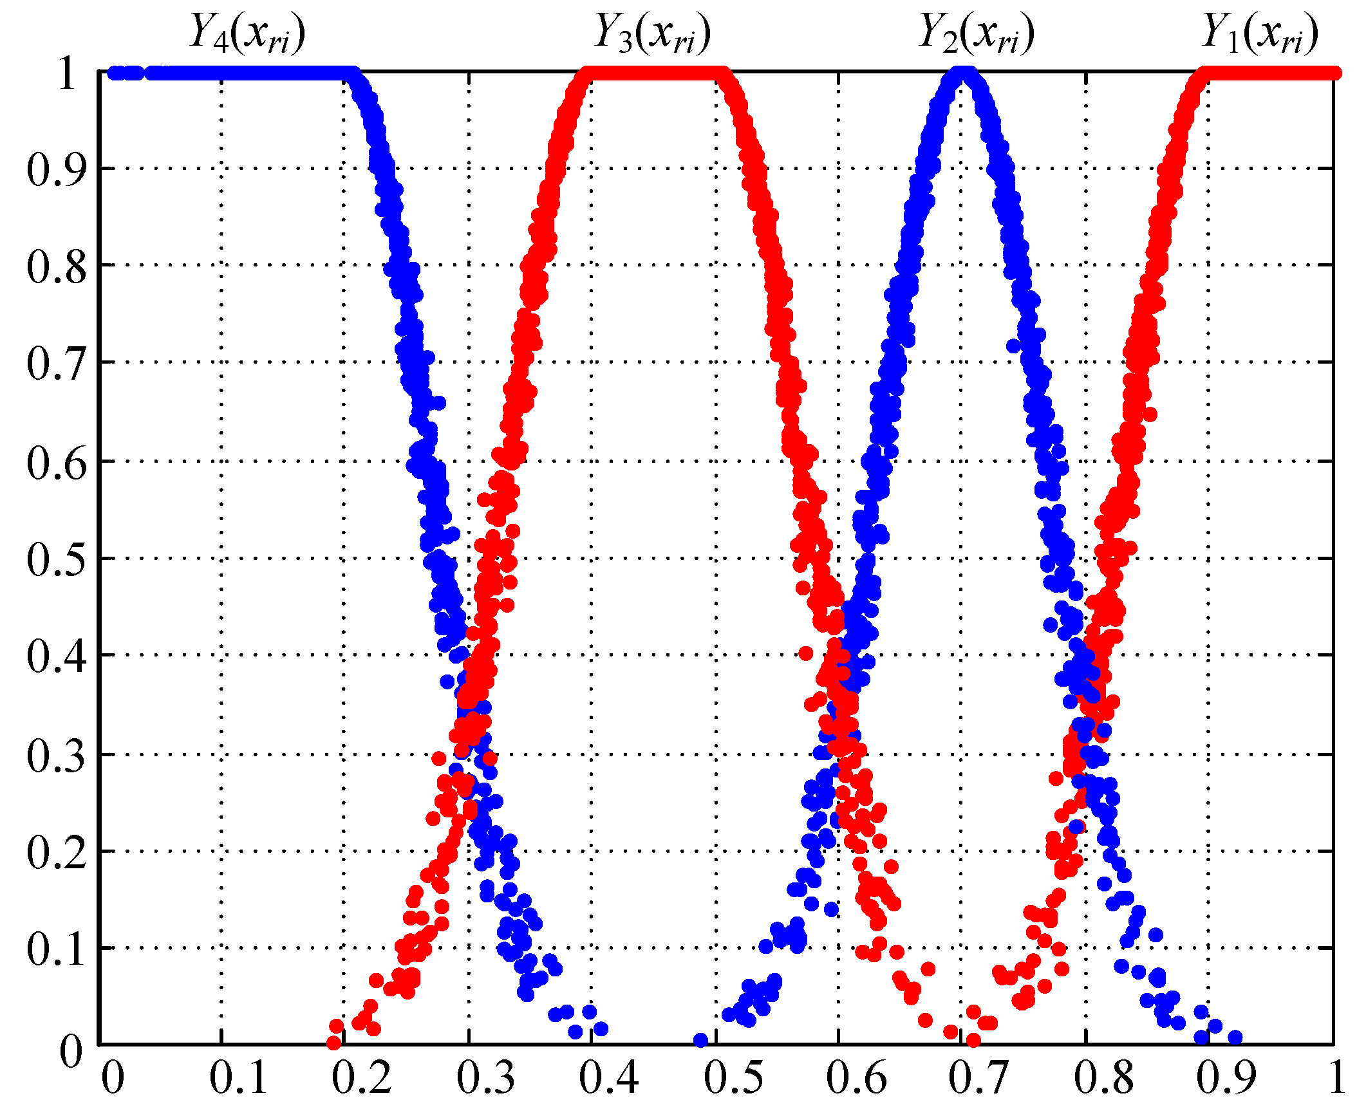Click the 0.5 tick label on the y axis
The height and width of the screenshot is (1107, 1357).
click(56, 559)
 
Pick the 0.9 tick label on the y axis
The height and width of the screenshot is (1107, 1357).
click(56, 170)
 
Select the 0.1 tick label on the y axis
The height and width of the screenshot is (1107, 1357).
click(56, 949)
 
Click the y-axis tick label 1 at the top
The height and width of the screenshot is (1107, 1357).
click(68, 73)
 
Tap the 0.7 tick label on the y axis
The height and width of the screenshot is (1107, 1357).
click(56, 364)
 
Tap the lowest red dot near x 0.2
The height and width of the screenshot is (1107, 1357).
click(333, 1042)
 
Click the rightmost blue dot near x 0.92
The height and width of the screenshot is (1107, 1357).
click(1235, 1037)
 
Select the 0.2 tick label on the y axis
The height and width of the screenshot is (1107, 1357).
click(56, 852)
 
